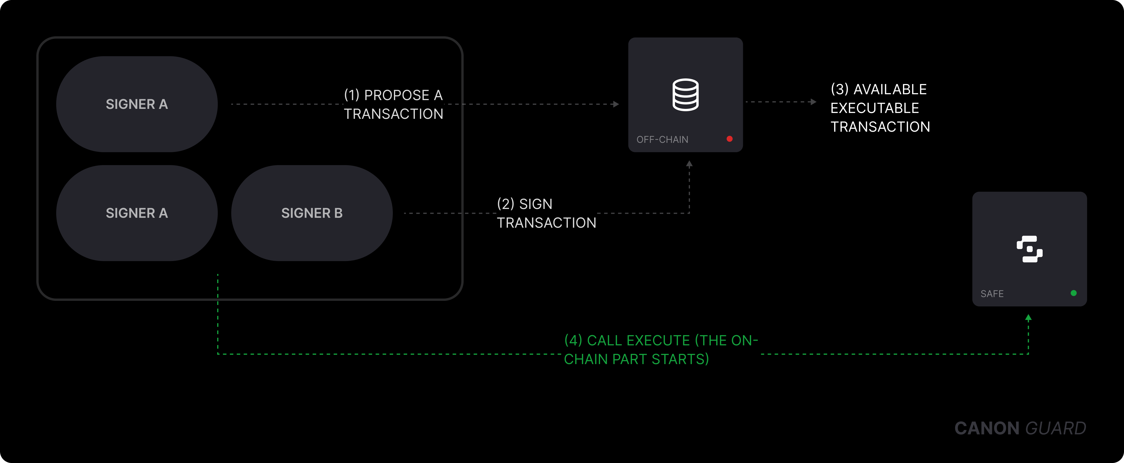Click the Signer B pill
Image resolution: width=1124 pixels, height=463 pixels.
tap(311, 213)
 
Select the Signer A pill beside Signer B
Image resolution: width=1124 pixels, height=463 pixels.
tap(137, 213)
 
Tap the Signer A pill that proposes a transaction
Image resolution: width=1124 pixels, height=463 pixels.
tap(137, 104)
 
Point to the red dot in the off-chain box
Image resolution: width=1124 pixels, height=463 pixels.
tap(729, 139)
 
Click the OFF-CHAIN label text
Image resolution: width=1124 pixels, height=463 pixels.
tap(662, 140)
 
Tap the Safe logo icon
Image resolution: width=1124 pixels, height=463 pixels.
tap(1029, 249)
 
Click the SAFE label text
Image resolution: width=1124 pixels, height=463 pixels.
tap(992, 294)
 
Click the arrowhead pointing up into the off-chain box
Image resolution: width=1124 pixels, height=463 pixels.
tap(689, 164)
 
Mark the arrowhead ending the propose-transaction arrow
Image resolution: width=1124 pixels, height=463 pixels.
tap(616, 104)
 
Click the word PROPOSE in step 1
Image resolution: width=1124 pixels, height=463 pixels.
tap(397, 95)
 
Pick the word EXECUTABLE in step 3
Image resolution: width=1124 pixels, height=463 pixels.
tap(874, 108)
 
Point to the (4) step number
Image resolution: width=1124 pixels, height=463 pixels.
tap(573, 340)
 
